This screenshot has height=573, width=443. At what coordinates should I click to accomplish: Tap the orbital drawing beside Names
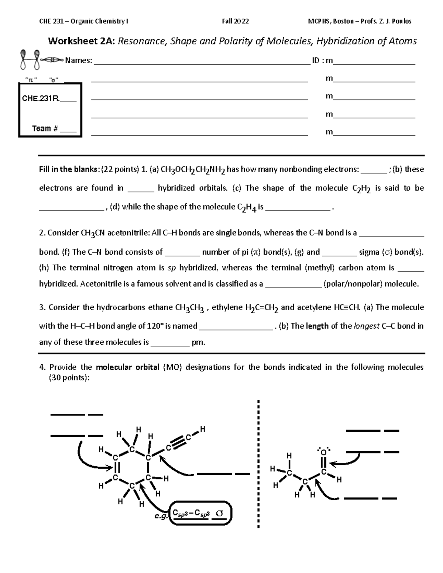coord(41,59)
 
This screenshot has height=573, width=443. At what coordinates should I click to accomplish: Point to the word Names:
coord(79,61)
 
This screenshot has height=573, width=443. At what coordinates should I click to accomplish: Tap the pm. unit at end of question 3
coord(198,342)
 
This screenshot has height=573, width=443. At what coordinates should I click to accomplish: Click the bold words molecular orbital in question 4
coord(127,367)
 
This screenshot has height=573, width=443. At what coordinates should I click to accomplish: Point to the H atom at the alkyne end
coord(202,429)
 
